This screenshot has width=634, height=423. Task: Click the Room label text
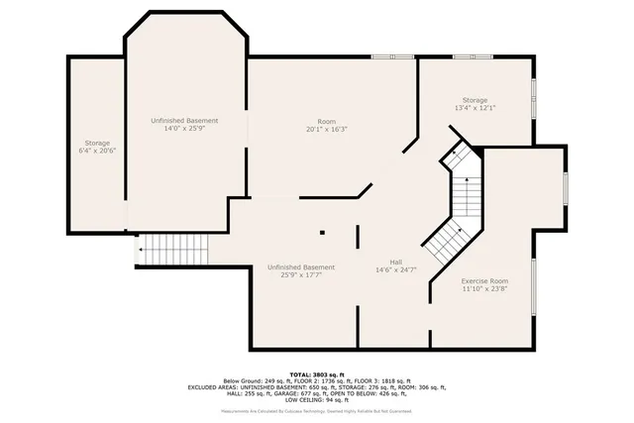[326, 122]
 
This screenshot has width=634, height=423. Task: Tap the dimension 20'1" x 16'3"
[326, 130]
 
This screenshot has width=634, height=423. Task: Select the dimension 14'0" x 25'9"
[184, 129]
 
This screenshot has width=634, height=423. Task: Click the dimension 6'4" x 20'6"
[97, 151]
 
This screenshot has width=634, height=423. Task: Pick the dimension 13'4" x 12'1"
[473, 107]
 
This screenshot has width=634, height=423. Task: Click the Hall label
[395, 262]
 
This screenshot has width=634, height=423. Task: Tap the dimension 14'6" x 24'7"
[395, 269]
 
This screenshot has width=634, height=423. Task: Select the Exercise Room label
[484, 282]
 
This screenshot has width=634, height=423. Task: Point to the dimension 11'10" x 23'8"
[484, 290]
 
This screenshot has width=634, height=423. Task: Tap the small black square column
[322, 233]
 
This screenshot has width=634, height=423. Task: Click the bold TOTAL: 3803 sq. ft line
[317, 372]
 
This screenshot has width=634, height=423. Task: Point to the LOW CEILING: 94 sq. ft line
[317, 401]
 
